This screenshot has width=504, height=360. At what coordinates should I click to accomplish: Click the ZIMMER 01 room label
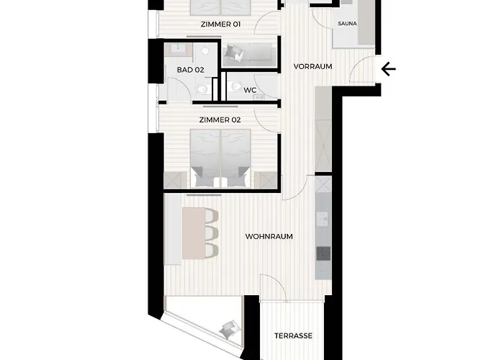(220, 24)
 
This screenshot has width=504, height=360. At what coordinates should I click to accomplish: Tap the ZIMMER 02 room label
(220, 120)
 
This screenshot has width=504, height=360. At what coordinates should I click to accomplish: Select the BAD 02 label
(190, 70)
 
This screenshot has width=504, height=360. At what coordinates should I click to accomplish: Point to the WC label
(250, 90)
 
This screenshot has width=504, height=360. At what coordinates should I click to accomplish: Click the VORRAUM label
(312, 66)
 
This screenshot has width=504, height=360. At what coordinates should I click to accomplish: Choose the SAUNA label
(348, 24)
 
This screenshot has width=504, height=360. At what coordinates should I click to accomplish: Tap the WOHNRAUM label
(269, 237)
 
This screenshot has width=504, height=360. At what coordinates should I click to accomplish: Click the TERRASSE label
(293, 336)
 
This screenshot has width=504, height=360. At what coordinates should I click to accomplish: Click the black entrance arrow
(388, 69)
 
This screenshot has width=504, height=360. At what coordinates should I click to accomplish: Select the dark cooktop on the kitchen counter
(323, 253)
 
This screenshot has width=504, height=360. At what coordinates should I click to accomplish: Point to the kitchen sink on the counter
(323, 219)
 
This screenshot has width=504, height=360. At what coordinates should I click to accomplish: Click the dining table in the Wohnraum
(194, 233)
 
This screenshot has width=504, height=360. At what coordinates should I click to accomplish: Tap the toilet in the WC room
(237, 86)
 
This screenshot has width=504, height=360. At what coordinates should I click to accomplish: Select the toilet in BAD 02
(202, 89)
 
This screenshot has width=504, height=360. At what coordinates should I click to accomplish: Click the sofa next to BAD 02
(249, 54)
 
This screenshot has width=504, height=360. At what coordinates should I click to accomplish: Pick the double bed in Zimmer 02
(220, 158)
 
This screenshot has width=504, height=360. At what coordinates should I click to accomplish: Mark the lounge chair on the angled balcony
(230, 329)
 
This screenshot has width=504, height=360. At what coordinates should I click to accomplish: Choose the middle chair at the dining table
(212, 233)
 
